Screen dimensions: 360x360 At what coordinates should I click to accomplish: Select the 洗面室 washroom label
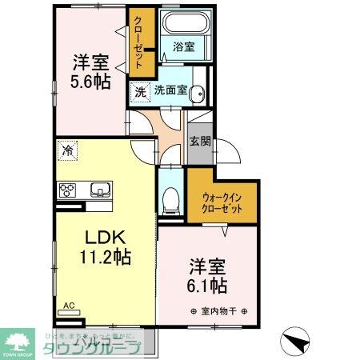pyautogui.click(x=171, y=90)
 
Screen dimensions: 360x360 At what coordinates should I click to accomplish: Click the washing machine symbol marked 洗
pyautogui.click(x=141, y=91)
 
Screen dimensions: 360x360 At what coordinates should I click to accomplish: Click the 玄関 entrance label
pyautogui.click(x=199, y=142)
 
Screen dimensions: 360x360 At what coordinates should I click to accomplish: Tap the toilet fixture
pyautogui.click(x=169, y=202)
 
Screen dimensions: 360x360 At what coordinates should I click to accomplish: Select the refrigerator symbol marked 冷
pyautogui.click(x=69, y=150)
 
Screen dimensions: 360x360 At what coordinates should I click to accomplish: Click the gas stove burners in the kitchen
pyautogui.click(x=67, y=190)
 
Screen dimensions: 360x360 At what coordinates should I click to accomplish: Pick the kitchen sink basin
pyautogui.click(x=102, y=190)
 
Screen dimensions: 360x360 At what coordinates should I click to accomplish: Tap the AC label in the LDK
pyautogui.click(x=69, y=306)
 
